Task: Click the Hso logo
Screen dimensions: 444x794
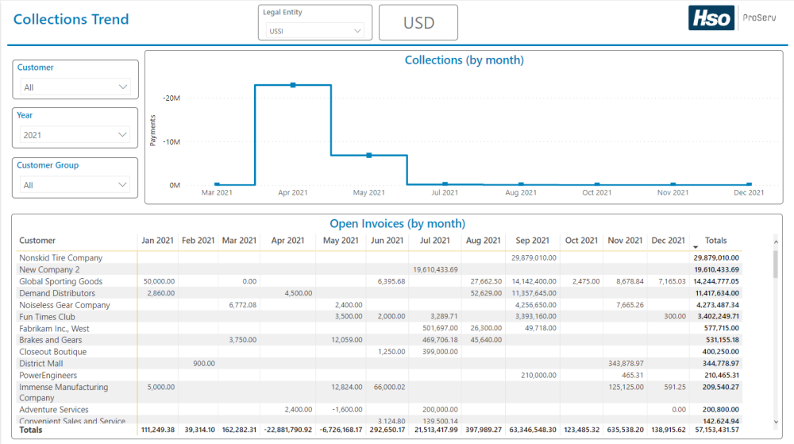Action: click(x=711, y=18)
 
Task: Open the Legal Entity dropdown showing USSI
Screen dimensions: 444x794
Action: click(x=315, y=31)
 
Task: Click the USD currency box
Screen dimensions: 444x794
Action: click(x=418, y=23)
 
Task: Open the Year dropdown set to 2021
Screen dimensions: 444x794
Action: click(x=75, y=135)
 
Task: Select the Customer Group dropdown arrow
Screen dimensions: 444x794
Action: click(x=122, y=185)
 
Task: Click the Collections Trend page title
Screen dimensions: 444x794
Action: click(x=71, y=20)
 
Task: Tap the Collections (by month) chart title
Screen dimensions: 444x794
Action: click(x=464, y=60)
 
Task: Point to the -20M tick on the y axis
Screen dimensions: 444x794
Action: click(x=172, y=98)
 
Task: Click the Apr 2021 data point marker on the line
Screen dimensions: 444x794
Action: click(x=293, y=85)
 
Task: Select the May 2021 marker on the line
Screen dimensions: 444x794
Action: click(x=369, y=156)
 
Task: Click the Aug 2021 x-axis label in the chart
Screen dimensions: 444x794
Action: click(x=521, y=192)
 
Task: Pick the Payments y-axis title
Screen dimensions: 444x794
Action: click(x=153, y=130)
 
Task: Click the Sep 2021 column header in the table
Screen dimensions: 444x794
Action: click(x=532, y=241)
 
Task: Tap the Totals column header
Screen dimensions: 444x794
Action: click(x=715, y=241)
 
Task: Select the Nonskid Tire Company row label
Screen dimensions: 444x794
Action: click(x=61, y=258)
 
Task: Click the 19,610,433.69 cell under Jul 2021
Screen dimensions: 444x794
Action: click(x=435, y=270)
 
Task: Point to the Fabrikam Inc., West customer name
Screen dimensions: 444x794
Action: click(x=54, y=329)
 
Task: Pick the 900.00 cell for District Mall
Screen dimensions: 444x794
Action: click(x=204, y=364)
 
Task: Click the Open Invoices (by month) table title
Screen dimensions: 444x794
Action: click(x=397, y=224)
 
